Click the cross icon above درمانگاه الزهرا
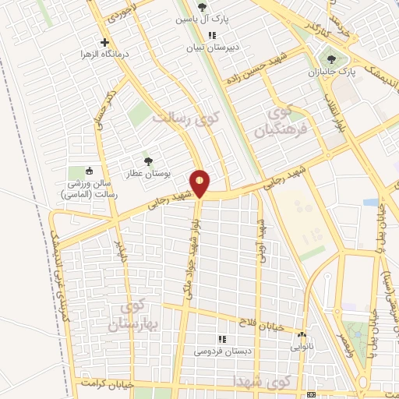click(104, 42)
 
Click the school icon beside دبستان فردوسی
click(221, 339)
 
